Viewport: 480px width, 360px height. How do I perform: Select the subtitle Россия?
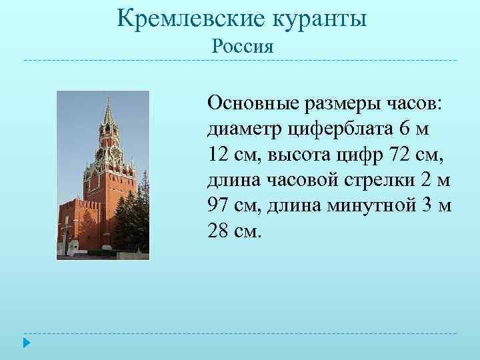coord(242,47)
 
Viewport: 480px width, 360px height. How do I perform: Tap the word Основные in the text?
coord(253,103)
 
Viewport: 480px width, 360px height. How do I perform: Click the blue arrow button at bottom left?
coord(26,343)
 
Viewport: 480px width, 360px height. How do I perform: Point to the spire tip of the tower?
coord(107,97)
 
